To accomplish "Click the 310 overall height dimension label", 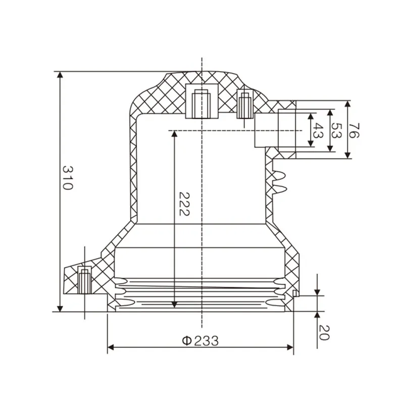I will pos(68,177).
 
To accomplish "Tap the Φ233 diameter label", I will pos(200,341).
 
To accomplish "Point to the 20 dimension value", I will pos(325,333).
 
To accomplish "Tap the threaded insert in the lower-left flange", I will pos(85,280).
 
